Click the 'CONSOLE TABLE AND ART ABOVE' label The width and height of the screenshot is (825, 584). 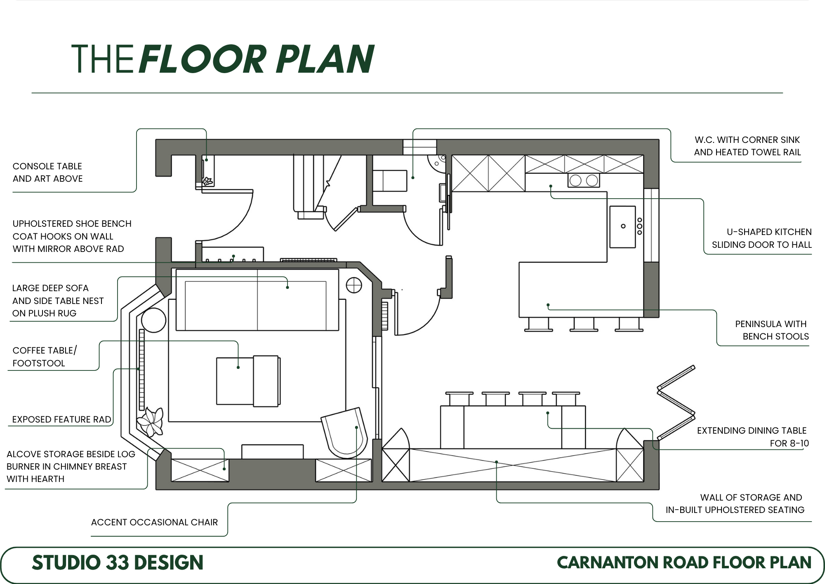pyautogui.click(x=47, y=172)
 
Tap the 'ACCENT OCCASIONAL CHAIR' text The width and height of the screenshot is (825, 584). pyautogui.click(x=154, y=522)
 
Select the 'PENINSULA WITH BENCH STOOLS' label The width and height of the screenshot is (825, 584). pyautogui.click(x=772, y=330)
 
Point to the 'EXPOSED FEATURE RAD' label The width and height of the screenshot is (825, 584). pyautogui.click(x=61, y=419)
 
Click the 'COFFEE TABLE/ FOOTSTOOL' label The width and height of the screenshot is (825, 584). pyautogui.click(x=45, y=356)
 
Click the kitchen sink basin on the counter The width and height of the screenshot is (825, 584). pyautogui.click(x=622, y=227)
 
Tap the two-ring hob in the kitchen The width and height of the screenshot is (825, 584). pyautogui.click(x=584, y=180)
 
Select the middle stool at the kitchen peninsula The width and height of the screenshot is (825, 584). pyautogui.click(x=584, y=324)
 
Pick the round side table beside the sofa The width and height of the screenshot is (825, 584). pyautogui.click(x=153, y=320)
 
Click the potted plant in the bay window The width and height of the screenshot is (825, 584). pyautogui.click(x=151, y=422)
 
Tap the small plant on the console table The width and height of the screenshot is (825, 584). pyautogui.click(x=207, y=181)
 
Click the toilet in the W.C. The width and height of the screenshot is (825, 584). pyautogui.click(x=390, y=180)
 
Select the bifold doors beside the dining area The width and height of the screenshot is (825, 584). pyautogui.click(x=676, y=403)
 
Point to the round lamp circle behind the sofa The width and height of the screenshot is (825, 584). pyautogui.click(x=354, y=285)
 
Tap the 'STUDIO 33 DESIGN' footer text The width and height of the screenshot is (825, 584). pyautogui.click(x=118, y=563)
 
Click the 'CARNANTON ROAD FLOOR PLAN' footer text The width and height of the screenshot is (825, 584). pyautogui.click(x=684, y=563)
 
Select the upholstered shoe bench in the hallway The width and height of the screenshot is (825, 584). pyautogui.click(x=233, y=254)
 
